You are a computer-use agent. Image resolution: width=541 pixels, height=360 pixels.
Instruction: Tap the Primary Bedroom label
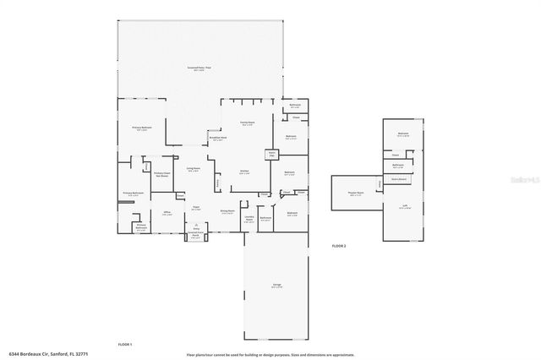pos(141,128)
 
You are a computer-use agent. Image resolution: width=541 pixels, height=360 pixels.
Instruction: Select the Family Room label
pos(247,123)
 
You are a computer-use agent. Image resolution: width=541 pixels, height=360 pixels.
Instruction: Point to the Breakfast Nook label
pos(218,139)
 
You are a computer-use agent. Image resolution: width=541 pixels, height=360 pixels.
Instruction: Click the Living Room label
pos(194,169)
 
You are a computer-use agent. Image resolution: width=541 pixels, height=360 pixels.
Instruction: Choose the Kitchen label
pos(243,172)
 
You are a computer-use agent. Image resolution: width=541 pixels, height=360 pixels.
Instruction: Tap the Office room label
pos(167,212)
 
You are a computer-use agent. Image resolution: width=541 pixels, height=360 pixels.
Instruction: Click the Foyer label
pos(195,207)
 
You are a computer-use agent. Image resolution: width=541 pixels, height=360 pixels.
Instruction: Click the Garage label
pos(276,286)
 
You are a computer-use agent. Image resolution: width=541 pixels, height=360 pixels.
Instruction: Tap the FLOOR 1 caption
pos(125,345)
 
